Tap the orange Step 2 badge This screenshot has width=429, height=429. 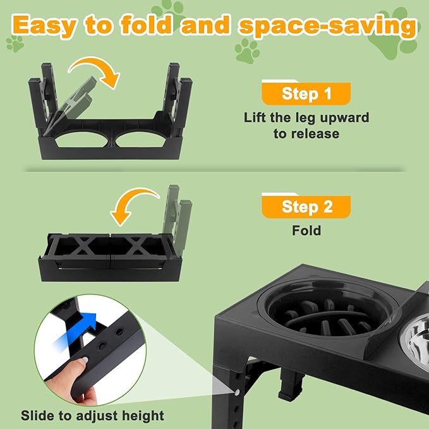point(306,206)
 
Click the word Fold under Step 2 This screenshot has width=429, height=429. point(306,231)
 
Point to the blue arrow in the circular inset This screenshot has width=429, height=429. point(75,330)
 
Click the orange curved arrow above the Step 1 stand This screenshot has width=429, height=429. point(94,71)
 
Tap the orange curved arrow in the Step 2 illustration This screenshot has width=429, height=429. point(134,205)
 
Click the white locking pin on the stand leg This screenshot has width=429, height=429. point(237,392)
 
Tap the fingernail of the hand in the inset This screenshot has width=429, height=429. point(84,361)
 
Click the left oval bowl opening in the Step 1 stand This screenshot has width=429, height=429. point(82,140)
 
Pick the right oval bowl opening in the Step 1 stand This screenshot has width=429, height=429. point(141,140)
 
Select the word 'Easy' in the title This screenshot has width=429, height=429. point(43,25)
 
